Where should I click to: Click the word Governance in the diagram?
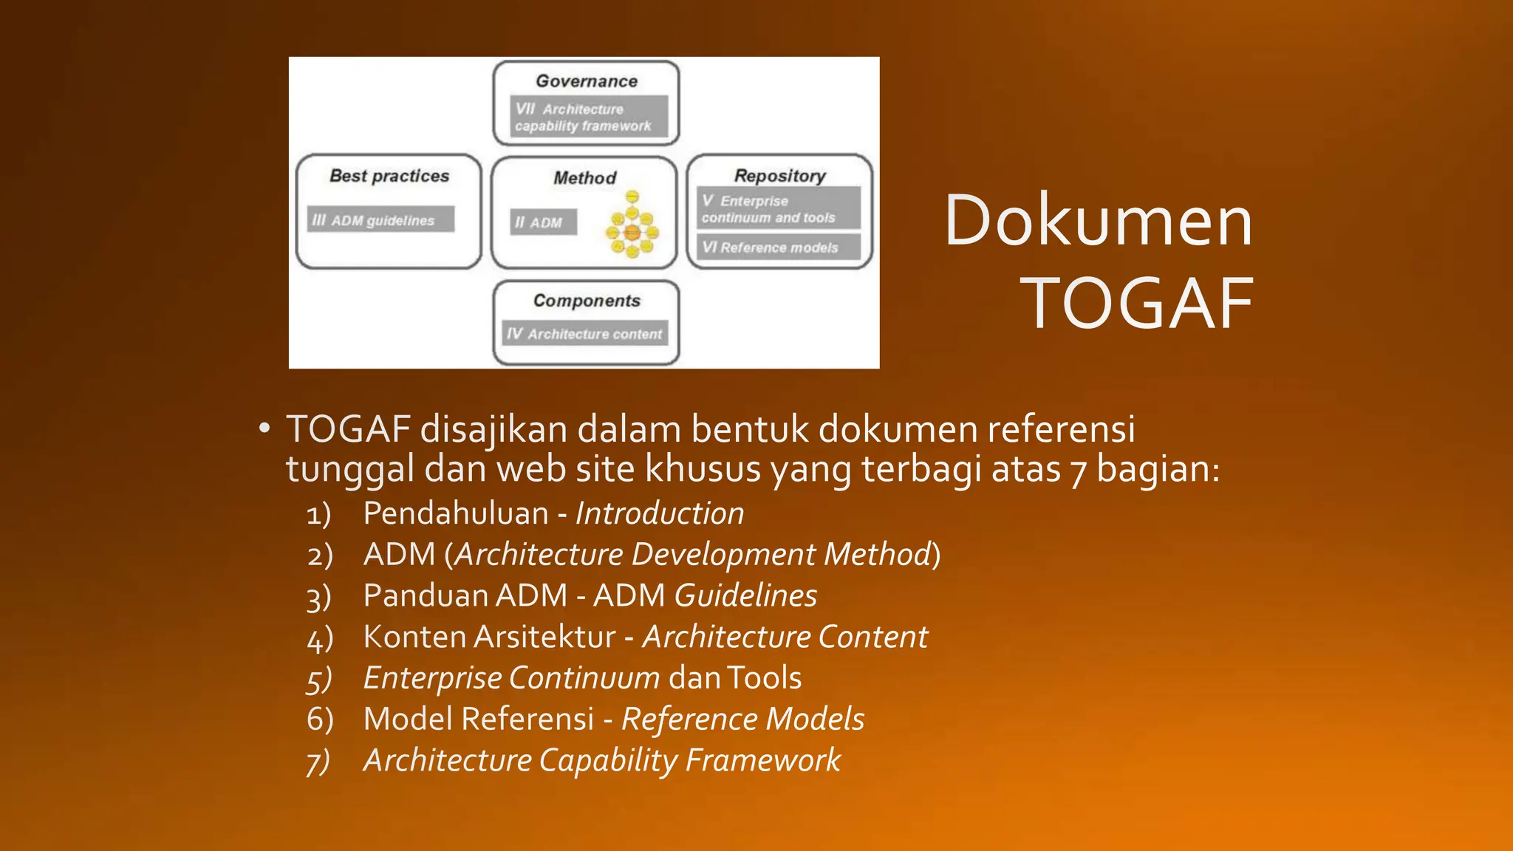click(587, 81)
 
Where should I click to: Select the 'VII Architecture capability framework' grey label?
click(588, 117)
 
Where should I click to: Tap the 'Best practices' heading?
click(389, 176)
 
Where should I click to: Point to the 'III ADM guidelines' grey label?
click(380, 220)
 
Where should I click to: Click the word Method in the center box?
click(584, 178)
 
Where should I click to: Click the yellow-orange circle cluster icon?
click(632, 225)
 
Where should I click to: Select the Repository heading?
click(779, 176)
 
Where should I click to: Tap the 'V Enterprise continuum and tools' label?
click(778, 209)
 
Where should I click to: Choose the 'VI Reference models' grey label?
click(778, 247)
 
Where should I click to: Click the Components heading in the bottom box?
click(587, 301)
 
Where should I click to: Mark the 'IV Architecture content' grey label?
click(585, 334)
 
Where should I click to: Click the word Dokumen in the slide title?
click(1098, 220)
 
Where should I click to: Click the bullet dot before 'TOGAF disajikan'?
click(264, 429)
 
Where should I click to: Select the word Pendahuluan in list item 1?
click(456, 513)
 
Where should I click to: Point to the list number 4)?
click(320, 638)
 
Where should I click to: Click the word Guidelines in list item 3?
click(745, 595)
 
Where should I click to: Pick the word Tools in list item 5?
click(764, 678)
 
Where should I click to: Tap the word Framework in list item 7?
click(762, 760)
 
